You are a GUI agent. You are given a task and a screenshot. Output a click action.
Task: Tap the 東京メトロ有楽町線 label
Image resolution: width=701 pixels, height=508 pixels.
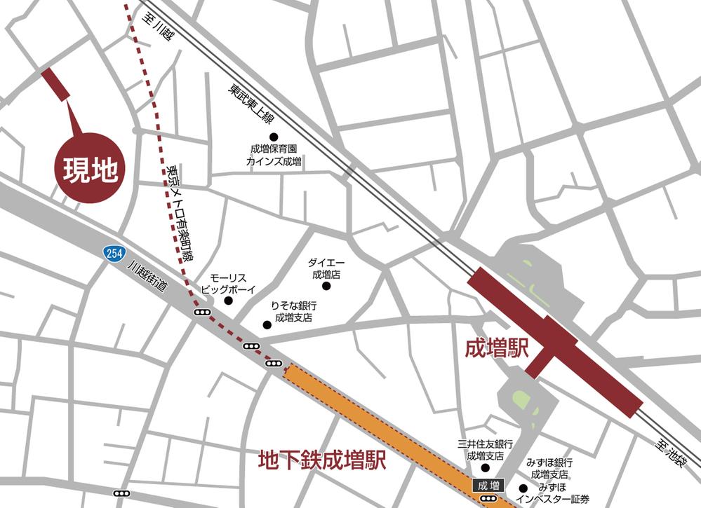click(180, 214)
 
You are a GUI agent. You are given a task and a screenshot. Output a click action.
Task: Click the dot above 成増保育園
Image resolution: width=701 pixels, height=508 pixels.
click(274, 137)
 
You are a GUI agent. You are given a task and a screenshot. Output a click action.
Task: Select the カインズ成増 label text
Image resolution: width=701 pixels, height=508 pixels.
click(274, 161)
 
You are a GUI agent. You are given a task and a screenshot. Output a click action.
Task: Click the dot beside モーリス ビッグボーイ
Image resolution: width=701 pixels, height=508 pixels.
click(228, 301)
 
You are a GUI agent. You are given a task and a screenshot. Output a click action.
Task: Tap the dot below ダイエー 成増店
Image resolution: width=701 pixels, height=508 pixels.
click(326, 286)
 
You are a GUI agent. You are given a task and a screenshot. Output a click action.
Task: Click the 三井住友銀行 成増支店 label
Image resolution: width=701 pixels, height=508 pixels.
click(486, 450)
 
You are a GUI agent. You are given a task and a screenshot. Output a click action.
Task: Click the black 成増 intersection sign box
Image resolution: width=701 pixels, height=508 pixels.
click(487, 484)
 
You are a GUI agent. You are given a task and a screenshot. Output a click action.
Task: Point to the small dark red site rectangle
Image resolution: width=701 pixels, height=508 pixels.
click(55, 85)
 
